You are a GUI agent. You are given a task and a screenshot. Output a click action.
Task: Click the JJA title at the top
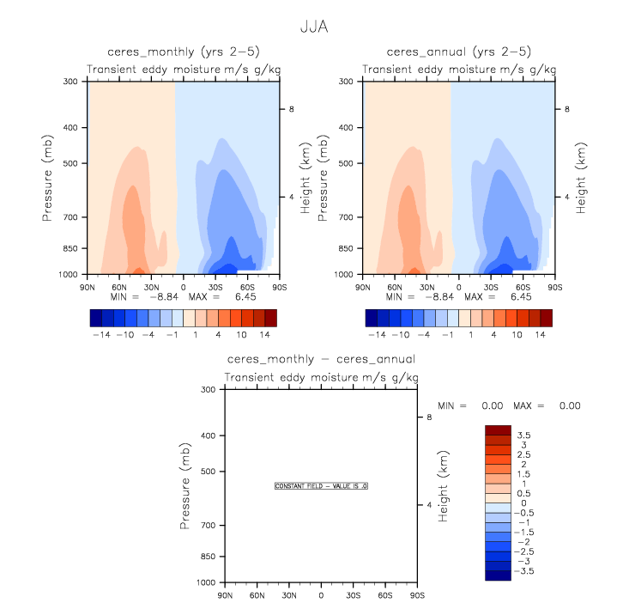(314, 27)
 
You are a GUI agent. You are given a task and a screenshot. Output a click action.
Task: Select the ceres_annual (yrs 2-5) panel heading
(458, 52)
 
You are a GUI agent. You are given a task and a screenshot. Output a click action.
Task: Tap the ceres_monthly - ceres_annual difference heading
(321, 359)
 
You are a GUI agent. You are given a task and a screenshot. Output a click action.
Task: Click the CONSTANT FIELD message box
(321, 485)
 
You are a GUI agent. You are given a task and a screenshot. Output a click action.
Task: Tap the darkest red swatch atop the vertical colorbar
(498, 429)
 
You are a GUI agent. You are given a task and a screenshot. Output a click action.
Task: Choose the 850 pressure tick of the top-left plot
(70, 249)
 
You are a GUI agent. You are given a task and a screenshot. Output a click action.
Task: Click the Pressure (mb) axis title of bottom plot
(185, 485)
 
